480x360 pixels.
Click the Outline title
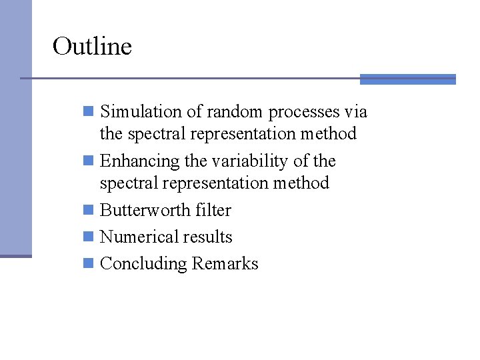tap(92, 46)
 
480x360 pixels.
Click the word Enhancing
tap(139, 161)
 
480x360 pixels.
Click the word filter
tap(213, 210)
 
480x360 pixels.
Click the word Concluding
tap(143, 264)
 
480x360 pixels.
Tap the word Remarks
tap(225, 263)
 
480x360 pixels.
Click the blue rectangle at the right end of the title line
tap(407, 79)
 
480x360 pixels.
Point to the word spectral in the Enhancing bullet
tap(126, 183)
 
